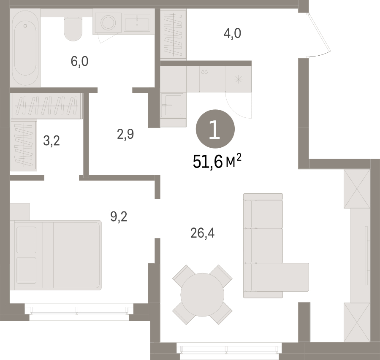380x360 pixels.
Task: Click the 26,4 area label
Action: [x=202, y=233]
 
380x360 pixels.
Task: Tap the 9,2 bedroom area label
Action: [x=119, y=217]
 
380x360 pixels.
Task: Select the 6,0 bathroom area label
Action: [x=79, y=61]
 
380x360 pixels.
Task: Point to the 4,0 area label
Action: [x=232, y=33]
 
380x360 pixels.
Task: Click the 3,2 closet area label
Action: [x=52, y=141]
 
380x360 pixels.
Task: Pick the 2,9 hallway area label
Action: [x=125, y=134]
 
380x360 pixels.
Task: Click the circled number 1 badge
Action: [x=215, y=129]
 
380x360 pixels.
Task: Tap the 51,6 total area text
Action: [x=217, y=162]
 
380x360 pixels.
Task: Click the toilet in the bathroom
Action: [x=73, y=29]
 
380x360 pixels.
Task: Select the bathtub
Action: [x=25, y=48]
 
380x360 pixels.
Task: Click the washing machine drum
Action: [x=108, y=22]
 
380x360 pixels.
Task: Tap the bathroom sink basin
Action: [x=137, y=22]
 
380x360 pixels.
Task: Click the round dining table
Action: [x=202, y=295]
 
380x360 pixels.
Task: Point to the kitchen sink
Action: [x=173, y=105]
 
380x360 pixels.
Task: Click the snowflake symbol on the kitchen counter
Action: [x=239, y=79]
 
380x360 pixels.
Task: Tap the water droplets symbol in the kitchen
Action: [x=205, y=72]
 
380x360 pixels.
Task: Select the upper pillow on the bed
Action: [x=27, y=240]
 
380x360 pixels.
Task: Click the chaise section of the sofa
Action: [x=282, y=277]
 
